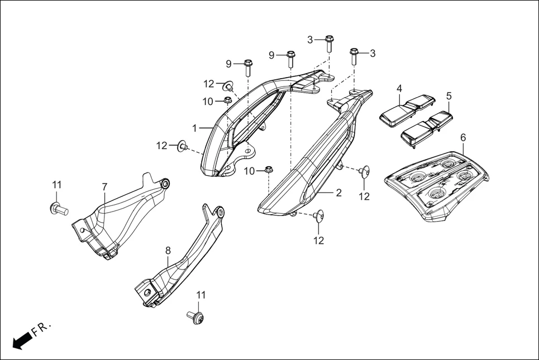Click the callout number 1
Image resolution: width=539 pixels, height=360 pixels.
(194, 128)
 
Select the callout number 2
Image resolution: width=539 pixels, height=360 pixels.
(338, 194)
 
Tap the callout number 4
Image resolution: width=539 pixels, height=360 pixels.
(399, 88)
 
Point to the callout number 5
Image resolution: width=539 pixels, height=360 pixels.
(449, 95)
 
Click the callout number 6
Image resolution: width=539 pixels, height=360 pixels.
(463, 137)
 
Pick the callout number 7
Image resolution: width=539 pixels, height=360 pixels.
(104, 185)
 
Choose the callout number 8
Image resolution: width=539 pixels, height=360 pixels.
(168, 251)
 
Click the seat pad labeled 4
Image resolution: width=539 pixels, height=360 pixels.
(406, 110)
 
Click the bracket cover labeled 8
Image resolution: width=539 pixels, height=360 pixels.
(179, 257)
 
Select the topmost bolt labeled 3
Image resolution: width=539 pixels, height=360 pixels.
(329, 42)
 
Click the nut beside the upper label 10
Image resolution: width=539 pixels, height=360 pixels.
(228, 100)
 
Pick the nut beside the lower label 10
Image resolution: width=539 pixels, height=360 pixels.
(268, 170)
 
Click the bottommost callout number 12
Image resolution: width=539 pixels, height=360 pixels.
(318, 241)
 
